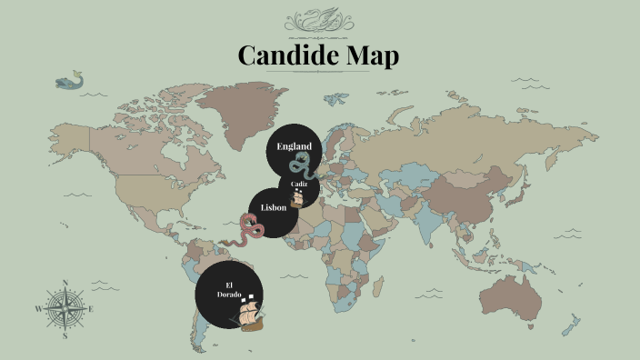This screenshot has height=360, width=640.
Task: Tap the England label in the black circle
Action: [x=294, y=146]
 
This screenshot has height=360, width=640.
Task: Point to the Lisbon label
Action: [x=274, y=207]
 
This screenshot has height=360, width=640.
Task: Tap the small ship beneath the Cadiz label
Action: [x=296, y=197]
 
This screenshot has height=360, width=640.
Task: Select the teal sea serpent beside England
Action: [x=299, y=165]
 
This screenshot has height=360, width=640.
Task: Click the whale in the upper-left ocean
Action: [x=66, y=83]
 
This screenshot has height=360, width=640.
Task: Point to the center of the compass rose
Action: [x=65, y=308]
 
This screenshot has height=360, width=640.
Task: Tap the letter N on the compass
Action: [x=65, y=282]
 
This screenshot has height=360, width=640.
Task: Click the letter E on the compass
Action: [x=92, y=309]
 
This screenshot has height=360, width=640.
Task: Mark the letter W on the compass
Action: [x=38, y=309]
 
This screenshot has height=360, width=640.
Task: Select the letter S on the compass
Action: [x=65, y=335]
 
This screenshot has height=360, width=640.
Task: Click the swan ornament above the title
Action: [x=319, y=20]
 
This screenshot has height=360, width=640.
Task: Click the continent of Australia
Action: [x=515, y=289]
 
